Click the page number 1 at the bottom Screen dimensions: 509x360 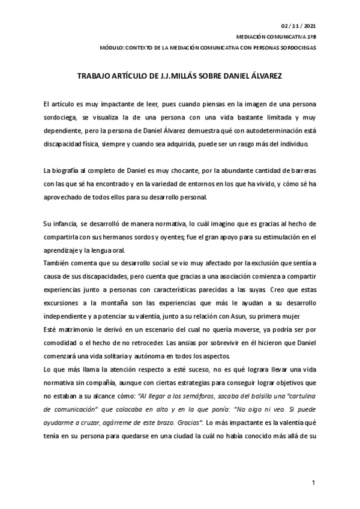[313, 483]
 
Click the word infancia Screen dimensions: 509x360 [65, 223]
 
